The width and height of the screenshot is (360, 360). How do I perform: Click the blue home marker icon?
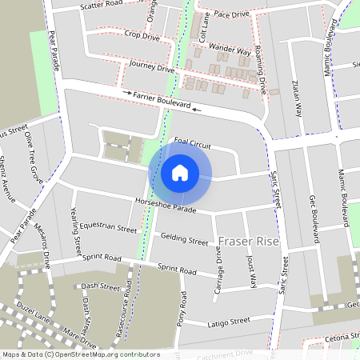[x=180, y=173]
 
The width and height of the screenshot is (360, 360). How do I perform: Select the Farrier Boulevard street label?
[x=162, y=99]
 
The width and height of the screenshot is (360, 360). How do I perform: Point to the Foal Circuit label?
[x=192, y=145]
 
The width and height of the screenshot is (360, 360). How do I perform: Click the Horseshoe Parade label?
[x=166, y=205]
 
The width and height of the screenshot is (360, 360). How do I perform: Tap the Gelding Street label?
[x=184, y=239]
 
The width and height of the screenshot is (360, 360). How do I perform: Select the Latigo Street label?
[x=230, y=322]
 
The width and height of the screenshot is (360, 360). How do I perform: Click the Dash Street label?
[x=100, y=286]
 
